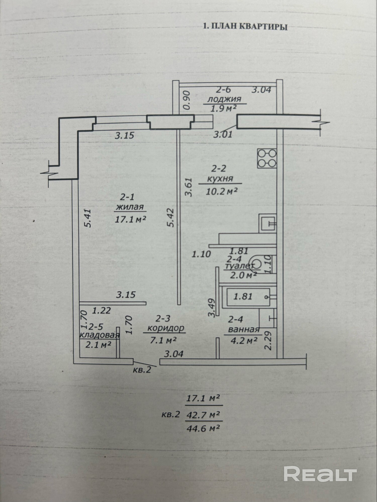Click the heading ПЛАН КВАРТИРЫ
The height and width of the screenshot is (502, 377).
pos(249,26)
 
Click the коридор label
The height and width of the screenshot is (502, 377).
pos(166,328)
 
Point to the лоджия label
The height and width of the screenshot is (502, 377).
pos(224,99)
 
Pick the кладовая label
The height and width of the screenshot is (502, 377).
pos(99,335)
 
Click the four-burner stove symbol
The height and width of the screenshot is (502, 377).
pos(267,158)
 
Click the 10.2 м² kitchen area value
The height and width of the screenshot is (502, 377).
pos(222,192)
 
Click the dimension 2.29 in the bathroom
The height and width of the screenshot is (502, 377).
pos(268,341)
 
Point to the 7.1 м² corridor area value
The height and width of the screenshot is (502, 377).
pos(163,340)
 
